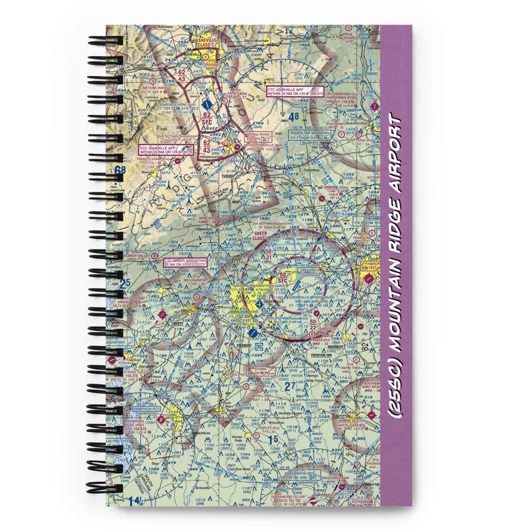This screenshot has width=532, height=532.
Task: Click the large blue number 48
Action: [x=294, y=116]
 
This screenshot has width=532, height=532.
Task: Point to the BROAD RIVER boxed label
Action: [x=257, y=136]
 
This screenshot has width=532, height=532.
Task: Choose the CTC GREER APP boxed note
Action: [x=185, y=262]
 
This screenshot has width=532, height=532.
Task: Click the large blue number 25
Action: [x=124, y=284]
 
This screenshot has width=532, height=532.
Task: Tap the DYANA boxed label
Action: [x=260, y=369]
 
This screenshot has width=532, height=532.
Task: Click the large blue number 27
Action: [x=289, y=387]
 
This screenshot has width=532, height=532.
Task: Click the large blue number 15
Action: [x=272, y=439]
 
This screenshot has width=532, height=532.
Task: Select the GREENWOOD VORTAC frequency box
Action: [x=302, y=476]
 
